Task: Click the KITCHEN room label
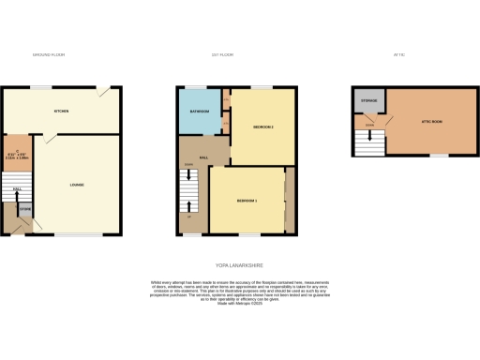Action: click(x=62, y=111)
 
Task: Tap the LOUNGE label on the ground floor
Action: click(x=77, y=185)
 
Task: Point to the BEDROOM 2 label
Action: click(x=263, y=127)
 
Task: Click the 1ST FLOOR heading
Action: click(x=221, y=56)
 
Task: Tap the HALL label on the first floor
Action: click(x=203, y=157)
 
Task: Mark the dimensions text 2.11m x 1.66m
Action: click(x=17, y=158)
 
